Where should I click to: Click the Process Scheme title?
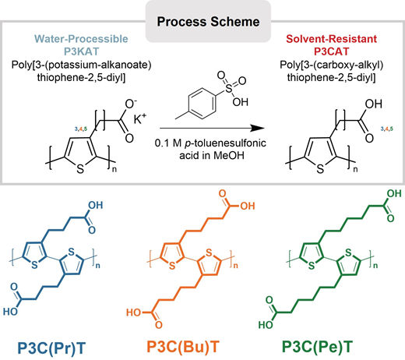pyautogui.click(x=208, y=22)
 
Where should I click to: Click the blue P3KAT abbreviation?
pyautogui.click(x=82, y=51)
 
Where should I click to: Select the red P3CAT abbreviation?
pyautogui.click(x=331, y=51)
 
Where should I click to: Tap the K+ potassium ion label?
pyautogui.click(x=140, y=119)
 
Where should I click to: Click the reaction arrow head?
pyautogui.click(x=258, y=128)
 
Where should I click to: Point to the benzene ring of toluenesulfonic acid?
pyautogui.click(x=202, y=104)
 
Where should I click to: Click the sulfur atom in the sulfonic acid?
pyautogui.click(x=229, y=89)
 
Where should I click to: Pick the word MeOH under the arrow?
pyautogui.click(x=229, y=155)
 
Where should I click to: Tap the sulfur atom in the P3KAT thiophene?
pyautogui.click(x=80, y=169)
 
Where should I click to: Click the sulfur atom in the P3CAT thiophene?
pyautogui.click(x=320, y=169)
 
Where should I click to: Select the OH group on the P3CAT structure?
pyautogui.click(x=374, y=104)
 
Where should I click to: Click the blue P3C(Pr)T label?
pyautogui.click(x=51, y=348)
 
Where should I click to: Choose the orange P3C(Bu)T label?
pyautogui.click(x=183, y=347)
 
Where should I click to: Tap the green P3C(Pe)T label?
pyautogui.click(x=317, y=347)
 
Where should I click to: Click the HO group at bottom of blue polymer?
pyautogui.click(x=10, y=312)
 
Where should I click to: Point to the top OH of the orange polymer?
pyautogui.click(x=248, y=206)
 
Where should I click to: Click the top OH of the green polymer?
pyautogui.click(x=394, y=193)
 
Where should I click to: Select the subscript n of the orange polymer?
pyautogui.click(x=235, y=266)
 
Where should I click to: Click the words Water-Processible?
pyautogui.click(x=81, y=39)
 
